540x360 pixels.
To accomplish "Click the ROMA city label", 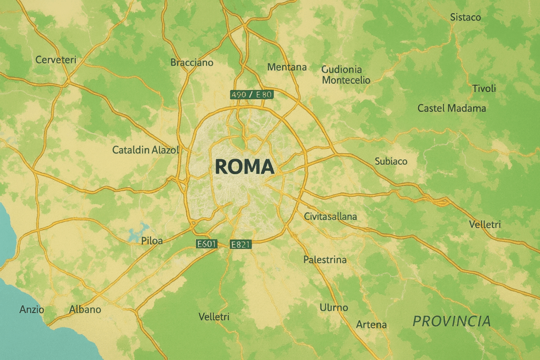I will [x=245, y=167].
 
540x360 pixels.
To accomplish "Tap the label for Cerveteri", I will [x=56, y=60].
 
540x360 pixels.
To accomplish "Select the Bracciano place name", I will [x=192, y=63].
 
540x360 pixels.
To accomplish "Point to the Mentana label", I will [x=287, y=67].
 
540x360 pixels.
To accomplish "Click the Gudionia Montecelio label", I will [x=345, y=75].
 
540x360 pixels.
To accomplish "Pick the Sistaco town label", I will [x=466, y=17].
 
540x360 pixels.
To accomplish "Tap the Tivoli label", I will [x=484, y=89].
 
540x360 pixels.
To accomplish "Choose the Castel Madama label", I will [x=451, y=108].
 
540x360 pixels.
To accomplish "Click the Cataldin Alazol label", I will [x=146, y=150].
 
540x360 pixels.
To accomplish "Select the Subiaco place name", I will [x=391, y=161].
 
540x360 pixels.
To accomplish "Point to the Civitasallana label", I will [x=331, y=216].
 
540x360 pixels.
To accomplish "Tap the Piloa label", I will [x=152, y=241].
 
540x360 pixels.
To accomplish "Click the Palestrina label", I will [x=325, y=259].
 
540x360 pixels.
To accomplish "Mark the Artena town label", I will [x=371, y=324].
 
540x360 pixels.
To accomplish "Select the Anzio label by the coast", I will [x=32, y=309].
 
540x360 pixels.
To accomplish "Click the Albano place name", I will [x=85, y=309].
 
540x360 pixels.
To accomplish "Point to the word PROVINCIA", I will [x=451, y=320].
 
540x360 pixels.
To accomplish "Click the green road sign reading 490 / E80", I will [x=252, y=95].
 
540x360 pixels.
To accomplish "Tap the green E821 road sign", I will [x=241, y=244].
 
